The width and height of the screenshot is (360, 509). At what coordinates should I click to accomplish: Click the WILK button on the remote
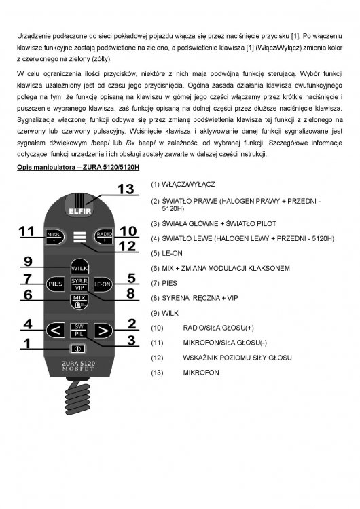pyautogui.click(x=79, y=267)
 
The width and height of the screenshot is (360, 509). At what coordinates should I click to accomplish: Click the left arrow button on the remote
pyautogui.click(x=54, y=331)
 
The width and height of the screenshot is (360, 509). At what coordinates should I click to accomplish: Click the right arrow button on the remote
pyautogui.click(x=103, y=331)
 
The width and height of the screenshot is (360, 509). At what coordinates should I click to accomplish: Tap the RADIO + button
pyautogui.click(x=103, y=235)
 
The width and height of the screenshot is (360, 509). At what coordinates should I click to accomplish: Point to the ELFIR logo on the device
pyautogui.click(x=79, y=210)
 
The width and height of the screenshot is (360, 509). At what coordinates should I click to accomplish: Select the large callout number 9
pyautogui.click(x=28, y=261)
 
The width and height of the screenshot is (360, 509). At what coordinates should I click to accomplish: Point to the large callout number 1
pyautogui.click(x=26, y=343)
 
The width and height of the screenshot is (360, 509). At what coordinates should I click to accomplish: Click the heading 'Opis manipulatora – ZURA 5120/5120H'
pyautogui.click(x=78, y=166)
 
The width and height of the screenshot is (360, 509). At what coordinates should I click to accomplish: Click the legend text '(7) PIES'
pyautogui.click(x=164, y=284)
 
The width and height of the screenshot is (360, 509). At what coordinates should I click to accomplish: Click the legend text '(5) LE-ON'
pyautogui.click(x=167, y=253)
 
